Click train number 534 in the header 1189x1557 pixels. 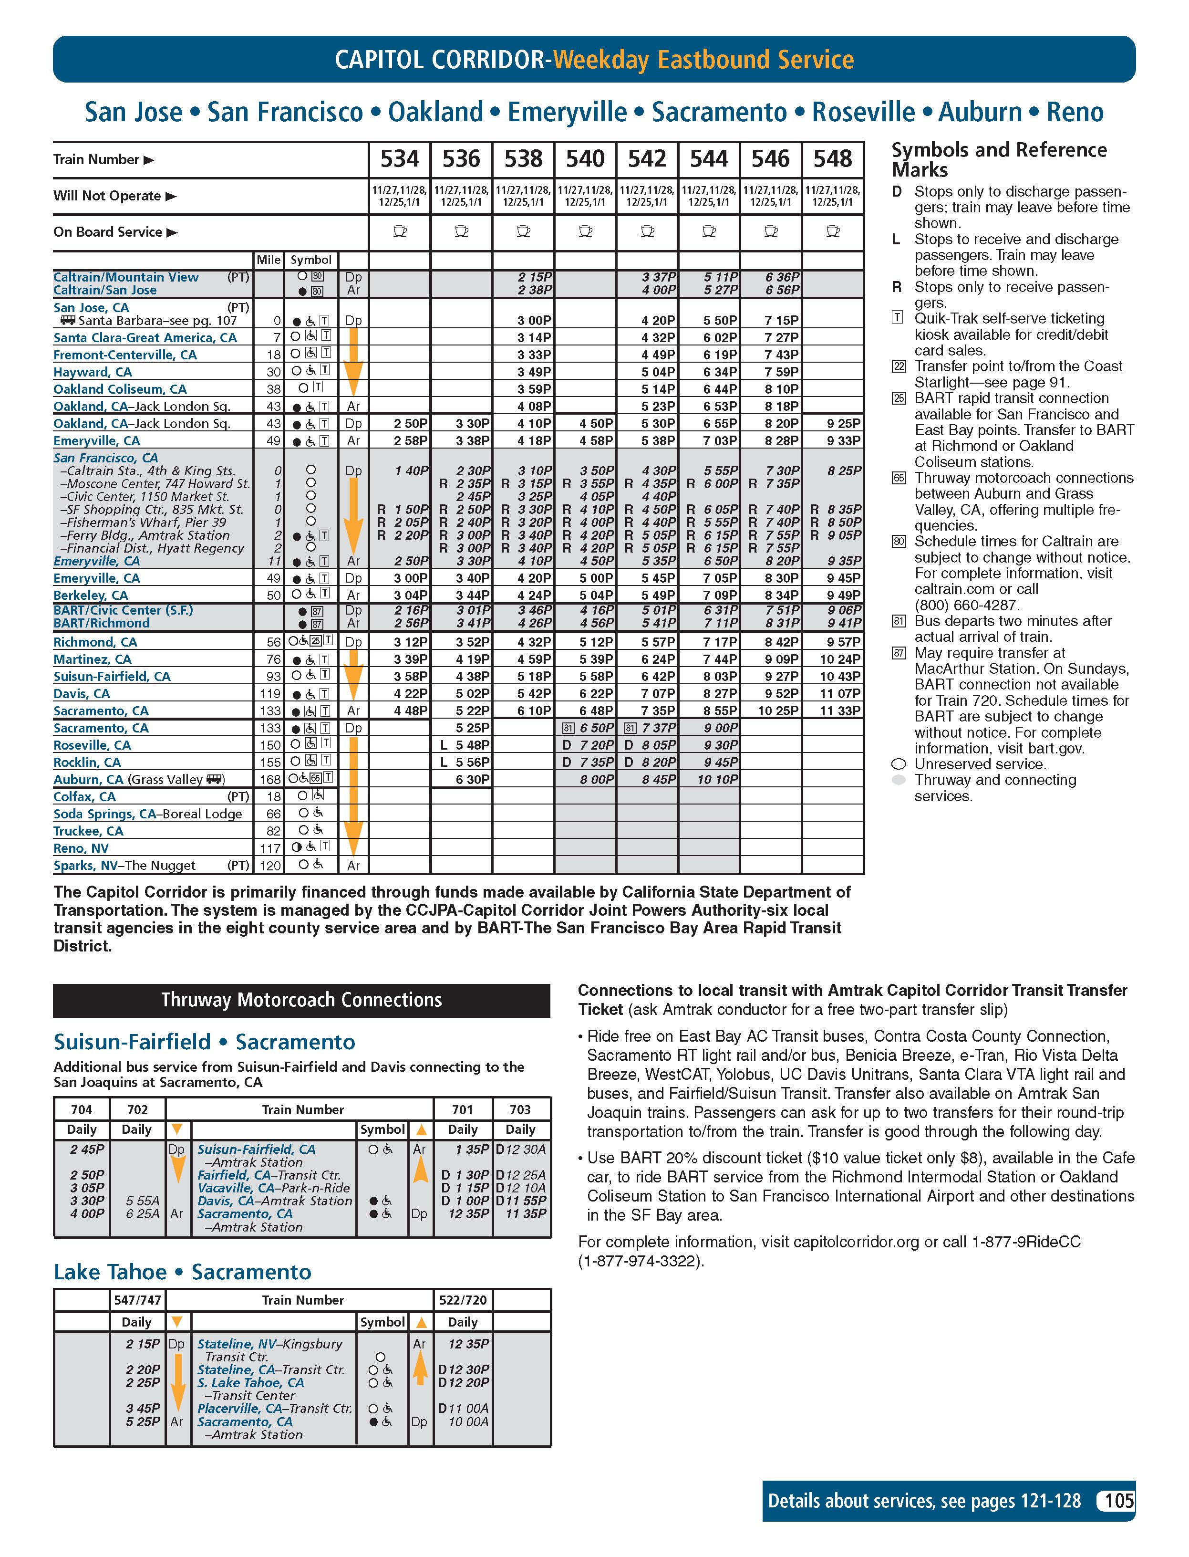coord(400,159)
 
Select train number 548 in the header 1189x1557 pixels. coord(832,159)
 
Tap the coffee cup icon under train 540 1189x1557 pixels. coord(585,231)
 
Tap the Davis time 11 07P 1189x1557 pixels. coord(840,694)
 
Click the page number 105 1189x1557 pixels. coord(1118,1501)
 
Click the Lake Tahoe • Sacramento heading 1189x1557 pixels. coord(183,1272)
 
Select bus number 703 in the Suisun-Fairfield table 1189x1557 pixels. coord(520,1109)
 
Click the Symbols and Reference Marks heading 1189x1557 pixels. coord(999,159)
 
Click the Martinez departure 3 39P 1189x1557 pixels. coord(411,659)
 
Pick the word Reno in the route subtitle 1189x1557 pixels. coord(1075,112)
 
